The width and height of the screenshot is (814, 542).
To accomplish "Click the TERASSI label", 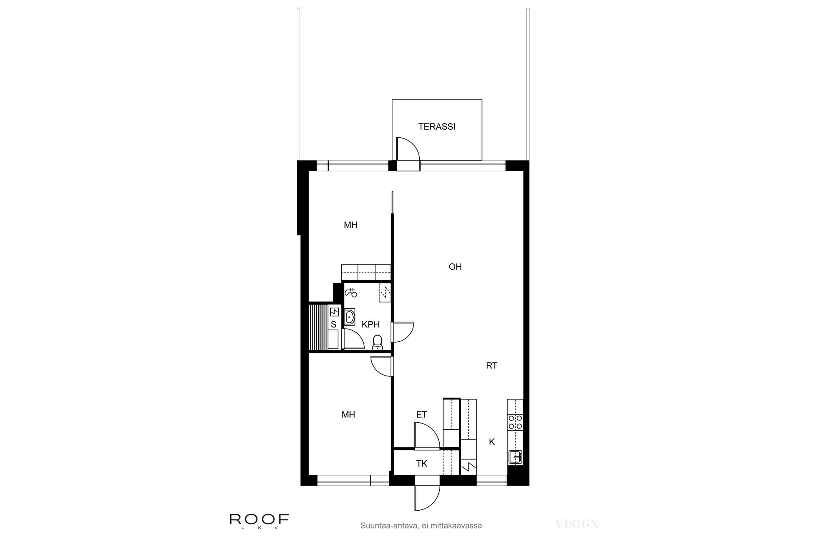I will click(x=437, y=127).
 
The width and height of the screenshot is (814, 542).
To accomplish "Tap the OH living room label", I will click(x=455, y=267).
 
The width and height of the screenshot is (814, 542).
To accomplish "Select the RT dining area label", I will click(x=491, y=366).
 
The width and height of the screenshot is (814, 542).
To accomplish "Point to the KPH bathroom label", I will click(x=371, y=325).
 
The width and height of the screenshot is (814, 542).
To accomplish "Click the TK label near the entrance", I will click(x=421, y=464).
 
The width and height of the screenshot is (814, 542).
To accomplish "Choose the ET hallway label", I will click(x=421, y=415).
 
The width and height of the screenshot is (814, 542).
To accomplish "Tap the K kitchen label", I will click(x=492, y=442).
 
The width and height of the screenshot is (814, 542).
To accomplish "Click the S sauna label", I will click(x=334, y=325).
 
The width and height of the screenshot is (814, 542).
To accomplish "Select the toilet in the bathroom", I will click(x=377, y=342).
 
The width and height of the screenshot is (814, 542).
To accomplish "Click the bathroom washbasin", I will click(x=350, y=317).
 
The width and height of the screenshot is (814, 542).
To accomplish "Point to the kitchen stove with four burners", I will click(x=516, y=422).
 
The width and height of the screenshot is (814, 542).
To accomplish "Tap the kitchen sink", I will click(x=516, y=456).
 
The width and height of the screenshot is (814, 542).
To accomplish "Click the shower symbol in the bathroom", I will click(x=351, y=292).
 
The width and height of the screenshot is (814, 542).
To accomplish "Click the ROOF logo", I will click(x=259, y=520).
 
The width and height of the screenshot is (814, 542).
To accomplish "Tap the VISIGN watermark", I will click(x=577, y=524).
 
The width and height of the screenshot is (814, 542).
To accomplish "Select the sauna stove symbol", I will click(x=335, y=312).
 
